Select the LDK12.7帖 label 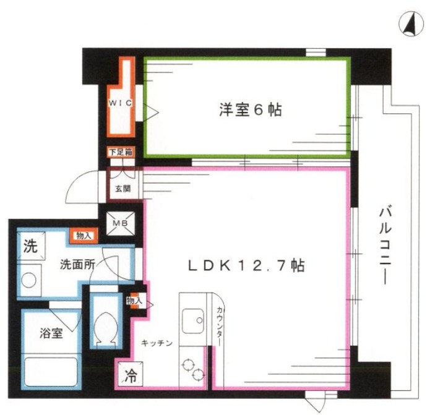(x=246, y=265)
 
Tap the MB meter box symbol (x=120, y=223)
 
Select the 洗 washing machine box (x=30, y=246)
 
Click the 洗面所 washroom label (x=77, y=264)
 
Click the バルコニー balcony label (x=384, y=248)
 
